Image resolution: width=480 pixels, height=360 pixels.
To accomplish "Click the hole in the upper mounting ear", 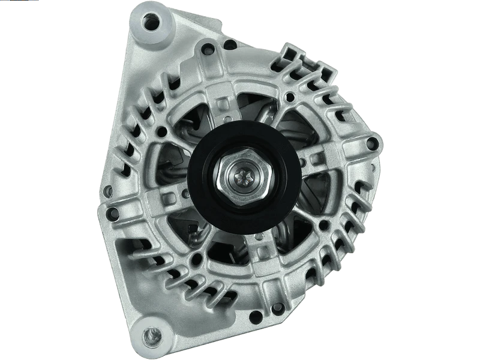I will pyautogui.click(x=151, y=22).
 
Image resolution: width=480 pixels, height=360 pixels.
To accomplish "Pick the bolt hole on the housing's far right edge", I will pyautogui.click(x=373, y=143).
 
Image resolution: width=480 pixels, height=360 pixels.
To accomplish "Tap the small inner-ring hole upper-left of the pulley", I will pyautogui.click(x=161, y=130).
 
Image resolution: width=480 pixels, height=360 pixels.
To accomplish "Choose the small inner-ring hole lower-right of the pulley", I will pyautogui.click(x=324, y=225).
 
